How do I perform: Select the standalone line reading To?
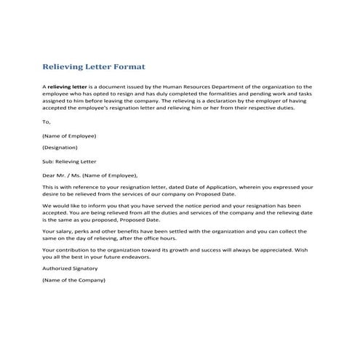point(47,122)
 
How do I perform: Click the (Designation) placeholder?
point(64,147)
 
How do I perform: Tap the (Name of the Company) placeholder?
point(73,280)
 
